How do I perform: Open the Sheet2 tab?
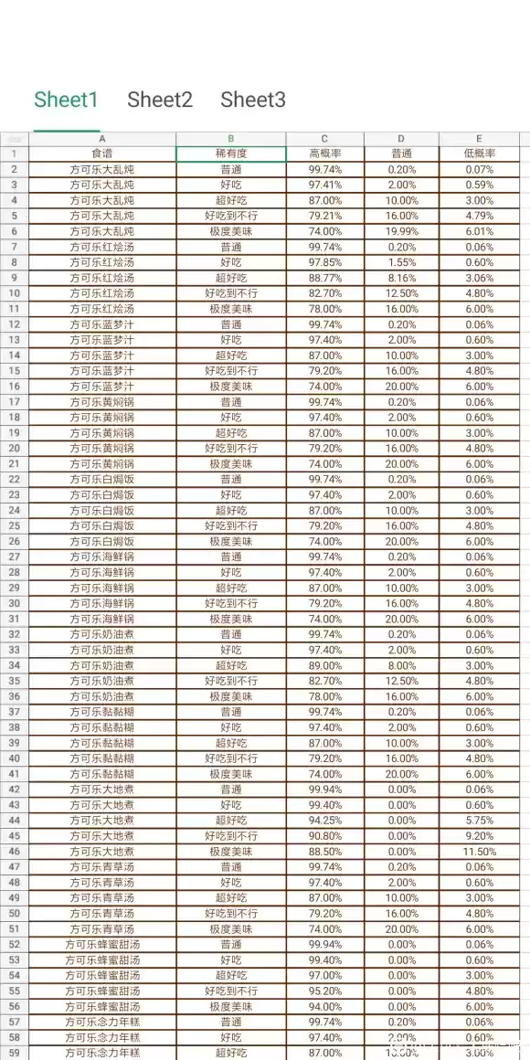click(160, 100)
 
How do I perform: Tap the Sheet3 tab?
click(253, 100)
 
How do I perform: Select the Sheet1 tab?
click(66, 100)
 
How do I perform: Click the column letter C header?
click(324, 139)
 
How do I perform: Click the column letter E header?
click(479, 139)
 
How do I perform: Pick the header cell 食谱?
click(102, 154)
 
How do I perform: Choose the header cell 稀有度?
click(231, 154)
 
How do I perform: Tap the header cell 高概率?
click(325, 154)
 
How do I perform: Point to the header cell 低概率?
click(479, 154)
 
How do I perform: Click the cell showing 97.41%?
click(325, 185)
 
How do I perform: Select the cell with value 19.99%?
click(402, 231)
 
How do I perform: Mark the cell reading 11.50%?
click(479, 852)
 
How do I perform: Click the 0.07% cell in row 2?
click(479, 169)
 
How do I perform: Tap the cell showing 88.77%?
click(325, 278)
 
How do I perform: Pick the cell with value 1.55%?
click(402, 262)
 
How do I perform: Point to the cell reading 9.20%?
click(479, 836)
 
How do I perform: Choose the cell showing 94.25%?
click(325, 821)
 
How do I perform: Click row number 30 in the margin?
click(14, 603)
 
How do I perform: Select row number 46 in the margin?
click(14, 852)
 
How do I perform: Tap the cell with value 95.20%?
click(325, 991)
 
